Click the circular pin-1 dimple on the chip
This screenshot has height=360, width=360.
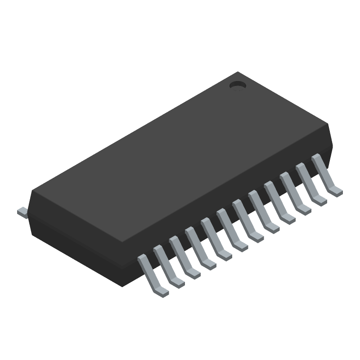(237, 85)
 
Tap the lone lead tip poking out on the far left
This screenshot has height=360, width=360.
(22, 211)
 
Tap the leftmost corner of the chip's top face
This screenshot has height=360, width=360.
(32, 191)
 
